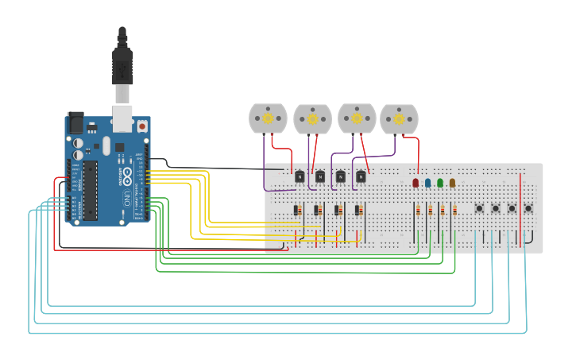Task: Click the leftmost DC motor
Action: tap(268, 118)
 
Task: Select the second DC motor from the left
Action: tap(312, 119)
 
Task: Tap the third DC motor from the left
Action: tap(357, 118)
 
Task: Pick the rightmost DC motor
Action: tap(399, 119)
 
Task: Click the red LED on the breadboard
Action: tap(416, 183)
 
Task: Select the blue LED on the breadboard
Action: tap(427, 183)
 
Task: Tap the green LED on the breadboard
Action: tap(440, 183)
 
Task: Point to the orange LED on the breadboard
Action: tap(452, 183)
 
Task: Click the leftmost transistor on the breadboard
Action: tap(300, 176)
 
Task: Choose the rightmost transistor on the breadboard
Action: tap(361, 176)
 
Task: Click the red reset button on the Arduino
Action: tap(142, 126)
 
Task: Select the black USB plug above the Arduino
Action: tap(122, 64)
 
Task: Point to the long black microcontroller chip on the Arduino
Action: tap(90, 191)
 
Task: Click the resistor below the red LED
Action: tap(418, 211)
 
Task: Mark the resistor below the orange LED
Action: tap(454, 211)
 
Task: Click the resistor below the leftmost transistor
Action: tap(296, 211)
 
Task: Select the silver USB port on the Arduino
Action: tap(122, 118)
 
